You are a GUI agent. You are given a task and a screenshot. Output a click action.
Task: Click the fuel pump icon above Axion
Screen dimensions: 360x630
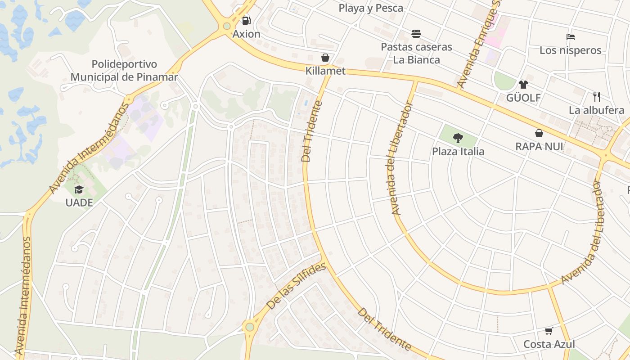click(246, 20)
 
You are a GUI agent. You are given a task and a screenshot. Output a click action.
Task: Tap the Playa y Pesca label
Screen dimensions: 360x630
click(371, 8)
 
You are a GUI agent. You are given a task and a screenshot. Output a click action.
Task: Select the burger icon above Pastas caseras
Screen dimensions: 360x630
click(416, 34)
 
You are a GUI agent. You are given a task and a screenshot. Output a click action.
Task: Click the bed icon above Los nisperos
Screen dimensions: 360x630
click(571, 37)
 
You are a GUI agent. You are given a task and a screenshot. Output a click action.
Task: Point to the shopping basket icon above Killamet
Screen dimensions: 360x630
click(325, 58)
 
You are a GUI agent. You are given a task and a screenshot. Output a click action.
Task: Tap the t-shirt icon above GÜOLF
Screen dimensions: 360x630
click(523, 84)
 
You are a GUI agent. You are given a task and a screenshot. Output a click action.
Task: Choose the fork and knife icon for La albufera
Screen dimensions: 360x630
click(597, 96)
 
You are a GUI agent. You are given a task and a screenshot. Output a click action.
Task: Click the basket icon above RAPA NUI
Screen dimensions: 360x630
click(539, 133)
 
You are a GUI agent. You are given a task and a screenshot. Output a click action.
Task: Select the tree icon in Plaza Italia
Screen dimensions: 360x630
click(458, 138)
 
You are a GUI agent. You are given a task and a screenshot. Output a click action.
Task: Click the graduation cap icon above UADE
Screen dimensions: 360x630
click(79, 189)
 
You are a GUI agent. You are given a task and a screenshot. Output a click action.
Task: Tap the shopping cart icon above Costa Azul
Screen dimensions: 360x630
click(549, 331)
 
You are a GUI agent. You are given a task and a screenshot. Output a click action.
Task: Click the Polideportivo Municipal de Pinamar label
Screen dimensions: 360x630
click(124, 71)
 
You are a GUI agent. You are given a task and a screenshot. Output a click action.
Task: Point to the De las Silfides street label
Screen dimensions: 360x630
click(296, 286)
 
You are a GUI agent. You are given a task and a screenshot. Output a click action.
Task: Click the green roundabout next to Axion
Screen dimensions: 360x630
click(227, 26)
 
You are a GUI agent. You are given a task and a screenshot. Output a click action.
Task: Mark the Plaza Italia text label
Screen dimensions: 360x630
click(458, 152)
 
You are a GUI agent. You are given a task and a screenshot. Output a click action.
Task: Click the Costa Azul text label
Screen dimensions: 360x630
click(549, 345)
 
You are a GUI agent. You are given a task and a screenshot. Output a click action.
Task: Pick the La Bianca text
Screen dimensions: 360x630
click(416, 60)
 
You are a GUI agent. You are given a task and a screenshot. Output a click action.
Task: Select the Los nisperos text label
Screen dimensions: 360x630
click(571, 50)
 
